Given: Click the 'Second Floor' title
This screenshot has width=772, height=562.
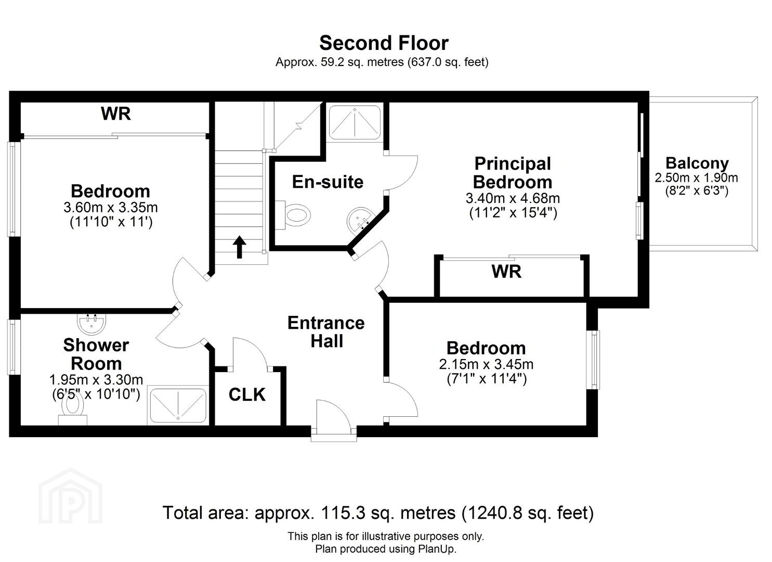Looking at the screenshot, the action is coord(384,43).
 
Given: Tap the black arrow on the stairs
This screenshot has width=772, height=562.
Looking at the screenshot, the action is coord(239,247).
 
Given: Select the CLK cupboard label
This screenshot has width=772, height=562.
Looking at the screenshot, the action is coord(247,394).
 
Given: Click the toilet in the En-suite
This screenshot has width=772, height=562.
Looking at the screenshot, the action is coord(293,215).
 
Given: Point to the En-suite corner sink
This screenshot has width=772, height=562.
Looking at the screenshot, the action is coord(360,220).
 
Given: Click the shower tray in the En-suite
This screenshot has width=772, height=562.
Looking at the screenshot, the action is coord(355,122).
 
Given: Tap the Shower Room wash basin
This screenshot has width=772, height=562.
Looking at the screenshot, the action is coord(91,324).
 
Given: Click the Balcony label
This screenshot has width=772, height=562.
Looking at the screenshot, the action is coord(697,163).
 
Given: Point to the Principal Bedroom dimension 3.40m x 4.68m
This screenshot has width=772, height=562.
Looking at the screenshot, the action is coord(513,198).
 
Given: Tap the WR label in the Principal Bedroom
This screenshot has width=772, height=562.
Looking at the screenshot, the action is coord(506,272).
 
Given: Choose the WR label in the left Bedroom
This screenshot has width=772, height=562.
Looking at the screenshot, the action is coord(116,113).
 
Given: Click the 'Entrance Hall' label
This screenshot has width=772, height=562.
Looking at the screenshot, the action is coord(326,332).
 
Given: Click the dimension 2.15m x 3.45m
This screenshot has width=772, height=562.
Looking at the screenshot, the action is coord(486,364).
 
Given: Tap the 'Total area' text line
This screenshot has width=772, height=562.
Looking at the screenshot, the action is coord(378,513).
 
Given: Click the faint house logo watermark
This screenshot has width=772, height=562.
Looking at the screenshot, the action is coord(70,496).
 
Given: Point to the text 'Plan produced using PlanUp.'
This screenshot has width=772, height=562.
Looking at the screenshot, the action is coord(386,548).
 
